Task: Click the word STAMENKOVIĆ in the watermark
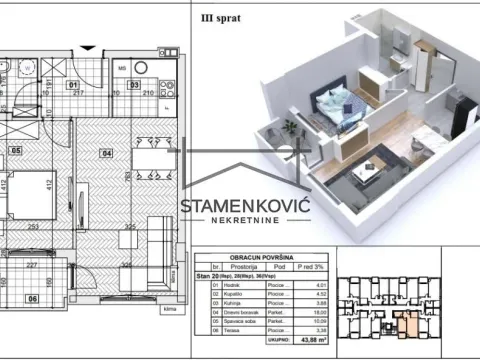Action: [x=245, y=207]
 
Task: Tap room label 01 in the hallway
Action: [x=72, y=85]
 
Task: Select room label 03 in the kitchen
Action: [x=133, y=85]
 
